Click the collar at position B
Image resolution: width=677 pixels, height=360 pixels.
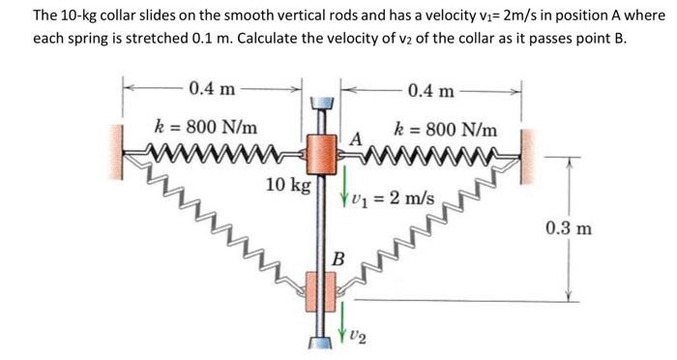pyautogui.click(x=322, y=287)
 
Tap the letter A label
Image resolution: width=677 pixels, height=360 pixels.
pyautogui.click(x=355, y=138)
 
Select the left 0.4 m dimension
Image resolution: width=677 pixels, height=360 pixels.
pyautogui.click(x=212, y=90)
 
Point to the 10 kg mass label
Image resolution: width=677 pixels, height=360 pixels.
pyautogui.click(x=287, y=184)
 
